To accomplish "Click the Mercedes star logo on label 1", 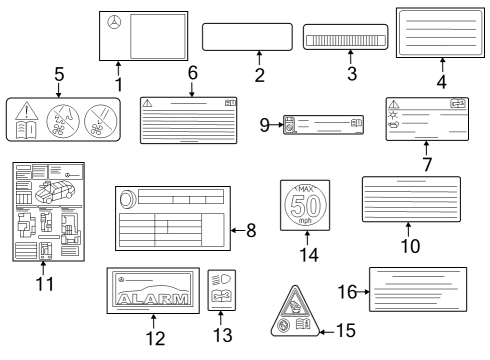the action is pos(114,22).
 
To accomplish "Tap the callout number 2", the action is pos(260,75).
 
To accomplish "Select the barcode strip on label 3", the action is pos(346,40).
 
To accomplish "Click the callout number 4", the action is pos(442,82).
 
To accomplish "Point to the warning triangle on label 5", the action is pos(27,111).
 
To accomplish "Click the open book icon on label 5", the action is pos(27,130).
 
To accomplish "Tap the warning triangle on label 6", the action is pos(147,103).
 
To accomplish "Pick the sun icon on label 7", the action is pos(393,115).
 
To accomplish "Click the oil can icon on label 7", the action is pos(394,125).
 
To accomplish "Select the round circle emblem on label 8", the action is pos(128,199).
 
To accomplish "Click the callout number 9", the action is pos(264,125).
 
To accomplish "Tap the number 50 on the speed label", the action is pos(306,206).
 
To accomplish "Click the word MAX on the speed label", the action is pos(306,189).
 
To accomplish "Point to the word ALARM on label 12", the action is pos(153,299).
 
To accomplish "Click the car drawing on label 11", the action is pos(55,191).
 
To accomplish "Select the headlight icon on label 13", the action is pos(222,279).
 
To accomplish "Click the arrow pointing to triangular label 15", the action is pos(327,332).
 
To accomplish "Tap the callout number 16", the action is pos(347,292).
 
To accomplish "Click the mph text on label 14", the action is pos(305,220).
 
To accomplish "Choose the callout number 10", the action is pos(410,246).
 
